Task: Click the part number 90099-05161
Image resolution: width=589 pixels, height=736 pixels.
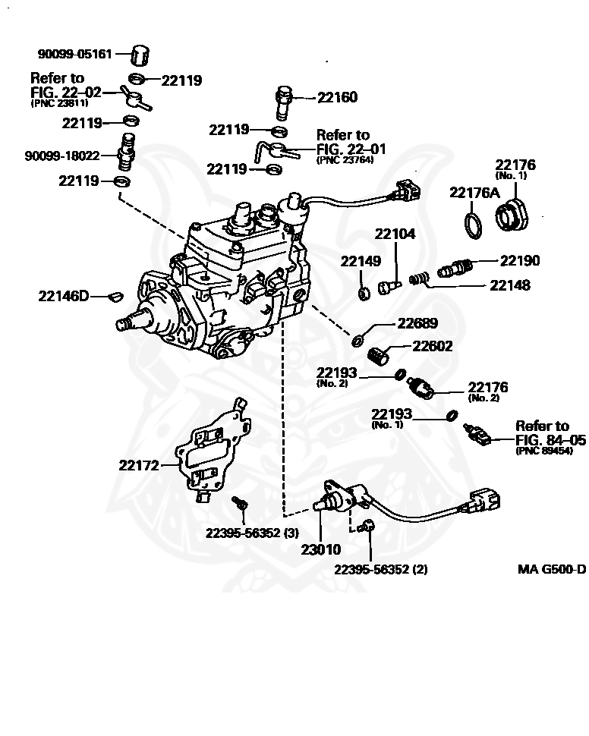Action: [75, 55]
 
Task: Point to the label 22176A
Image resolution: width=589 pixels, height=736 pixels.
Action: [474, 193]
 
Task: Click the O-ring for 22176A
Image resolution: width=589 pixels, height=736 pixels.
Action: [472, 224]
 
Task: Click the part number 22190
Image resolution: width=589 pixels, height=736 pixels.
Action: [520, 260]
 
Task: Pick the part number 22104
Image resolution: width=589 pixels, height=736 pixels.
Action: [395, 234]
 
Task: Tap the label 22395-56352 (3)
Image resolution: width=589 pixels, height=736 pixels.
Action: [250, 533]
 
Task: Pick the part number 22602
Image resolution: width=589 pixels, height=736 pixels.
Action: [433, 347]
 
